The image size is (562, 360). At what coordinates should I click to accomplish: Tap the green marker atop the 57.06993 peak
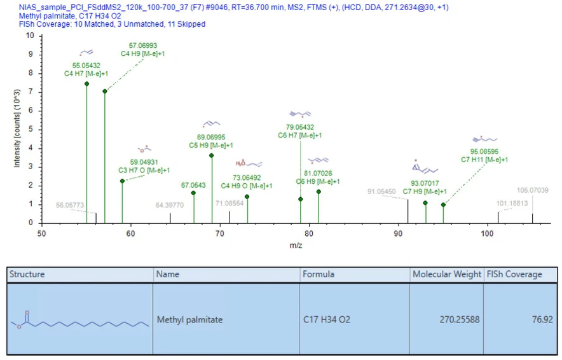pos(105,92)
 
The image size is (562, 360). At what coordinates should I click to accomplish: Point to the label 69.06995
pos(211,137)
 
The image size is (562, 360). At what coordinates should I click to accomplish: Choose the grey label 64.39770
pos(170,205)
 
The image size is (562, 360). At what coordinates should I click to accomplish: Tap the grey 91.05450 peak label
pos(381,191)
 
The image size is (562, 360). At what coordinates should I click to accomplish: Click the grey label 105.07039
pos(533,190)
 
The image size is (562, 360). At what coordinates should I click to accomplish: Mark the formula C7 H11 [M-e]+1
pos(484,160)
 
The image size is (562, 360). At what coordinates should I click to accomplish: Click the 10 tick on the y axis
pos(30,36)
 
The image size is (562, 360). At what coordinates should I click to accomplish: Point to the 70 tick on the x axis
pos(220,234)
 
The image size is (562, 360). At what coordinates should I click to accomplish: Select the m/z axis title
pos(296,245)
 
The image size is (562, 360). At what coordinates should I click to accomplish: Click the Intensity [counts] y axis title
pos(17,128)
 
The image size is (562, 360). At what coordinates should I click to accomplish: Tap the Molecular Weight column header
pos(446,274)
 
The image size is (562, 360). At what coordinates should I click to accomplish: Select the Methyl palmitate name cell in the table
pos(190,319)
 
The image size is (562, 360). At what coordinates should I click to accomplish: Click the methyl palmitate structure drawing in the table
pos(80,319)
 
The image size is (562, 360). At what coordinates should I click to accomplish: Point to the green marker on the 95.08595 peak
pos(443,205)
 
